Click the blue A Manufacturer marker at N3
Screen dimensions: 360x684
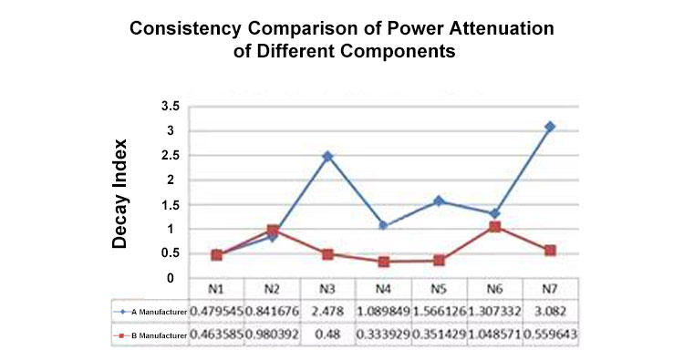tap(327, 157)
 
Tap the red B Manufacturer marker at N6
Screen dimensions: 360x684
tap(494, 226)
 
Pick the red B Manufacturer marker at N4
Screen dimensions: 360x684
tap(383, 262)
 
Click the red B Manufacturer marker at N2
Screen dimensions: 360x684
tap(272, 231)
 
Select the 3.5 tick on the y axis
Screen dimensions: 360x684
tap(168, 107)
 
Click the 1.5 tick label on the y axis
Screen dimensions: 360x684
tap(168, 205)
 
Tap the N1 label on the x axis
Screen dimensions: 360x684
tap(216, 288)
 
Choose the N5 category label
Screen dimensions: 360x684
tap(439, 288)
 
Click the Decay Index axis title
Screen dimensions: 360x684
tap(119, 193)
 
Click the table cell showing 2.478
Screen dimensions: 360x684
tap(327, 312)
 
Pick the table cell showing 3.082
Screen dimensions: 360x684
tap(550, 312)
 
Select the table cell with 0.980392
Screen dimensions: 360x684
tap(272, 335)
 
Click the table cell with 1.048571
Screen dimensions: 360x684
tap(494, 335)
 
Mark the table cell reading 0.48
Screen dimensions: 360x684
tap(327, 335)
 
